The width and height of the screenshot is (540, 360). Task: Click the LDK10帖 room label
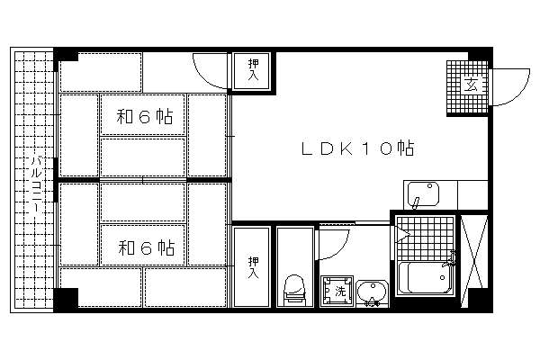pyautogui.click(x=357, y=148)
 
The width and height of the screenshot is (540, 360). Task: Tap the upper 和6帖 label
pyautogui.click(x=145, y=116)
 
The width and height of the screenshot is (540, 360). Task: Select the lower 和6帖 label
pyautogui.click(x=147, y=247)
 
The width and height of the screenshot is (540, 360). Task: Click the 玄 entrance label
pyautogui.click(x=471, y=85)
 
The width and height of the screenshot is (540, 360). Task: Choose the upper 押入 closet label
pyautogui.click(x=254, y=70)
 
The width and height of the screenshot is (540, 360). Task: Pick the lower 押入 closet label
pyautogui.click(x=254, y=267)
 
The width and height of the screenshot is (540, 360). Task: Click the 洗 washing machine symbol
pyautogui.click(x=337, y=291)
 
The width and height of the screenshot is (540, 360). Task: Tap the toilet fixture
pyautogui.click(x=295, y=290)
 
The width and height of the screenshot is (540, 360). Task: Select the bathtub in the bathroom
pyautogui.click(x=425, y=278)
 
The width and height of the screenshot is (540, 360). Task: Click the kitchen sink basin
pyautogui.click(x=423, y=194)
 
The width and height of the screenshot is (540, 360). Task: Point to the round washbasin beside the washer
pyautogui.click(x=372, y=292)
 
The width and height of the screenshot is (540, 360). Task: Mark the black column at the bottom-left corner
pyautogui.click(x=66, y=298)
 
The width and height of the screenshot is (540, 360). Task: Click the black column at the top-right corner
pyautogui.click(x=479, y=56)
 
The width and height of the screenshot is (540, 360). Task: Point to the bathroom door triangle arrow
pyautogui.click(x=402, y=234)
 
